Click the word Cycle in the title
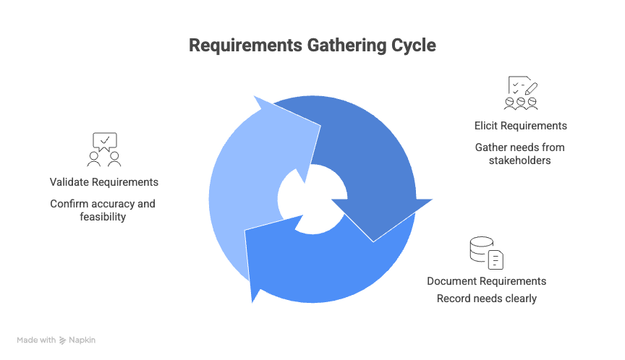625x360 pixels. [x=412, y=46]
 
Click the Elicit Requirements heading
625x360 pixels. [x=520, y=126]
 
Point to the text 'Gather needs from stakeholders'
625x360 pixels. [x=520, y=153]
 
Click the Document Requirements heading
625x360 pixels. [x=486, y=280]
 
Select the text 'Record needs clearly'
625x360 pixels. [x=486, y=298]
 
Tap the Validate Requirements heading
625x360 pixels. [x=104, y=181]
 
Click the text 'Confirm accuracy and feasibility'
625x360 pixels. [x=103, y=210]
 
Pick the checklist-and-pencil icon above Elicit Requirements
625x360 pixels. [x=521, y=93]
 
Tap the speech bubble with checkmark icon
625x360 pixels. [x=104, y=141]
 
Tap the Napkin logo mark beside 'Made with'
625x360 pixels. [x=63, y=340]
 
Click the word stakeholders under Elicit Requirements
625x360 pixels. [x=520, y=160]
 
